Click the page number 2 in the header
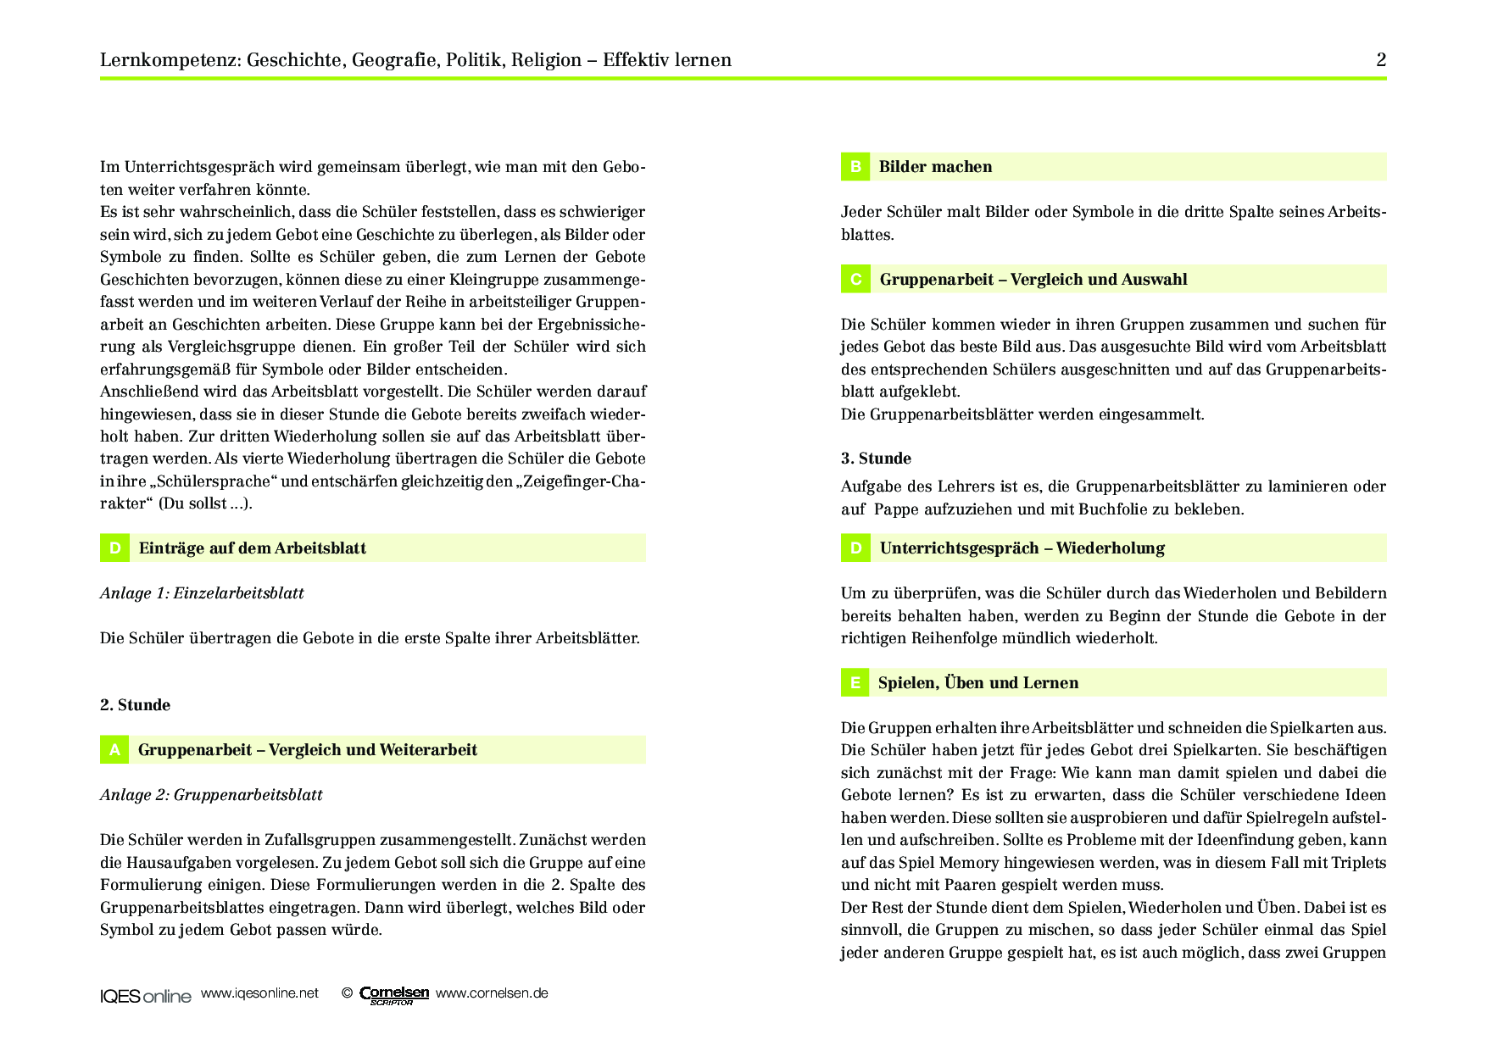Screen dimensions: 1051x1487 1381,59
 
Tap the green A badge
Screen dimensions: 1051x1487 114,749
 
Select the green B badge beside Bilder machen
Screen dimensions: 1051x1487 855,167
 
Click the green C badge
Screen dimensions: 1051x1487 855,279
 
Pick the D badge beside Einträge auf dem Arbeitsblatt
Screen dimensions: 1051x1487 114,548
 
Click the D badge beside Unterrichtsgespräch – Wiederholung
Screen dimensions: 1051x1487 855,548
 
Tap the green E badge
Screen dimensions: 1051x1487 855,682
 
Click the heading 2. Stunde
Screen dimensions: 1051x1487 135,705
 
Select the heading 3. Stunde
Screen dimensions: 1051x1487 876,459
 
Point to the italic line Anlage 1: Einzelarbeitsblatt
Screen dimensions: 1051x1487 202,593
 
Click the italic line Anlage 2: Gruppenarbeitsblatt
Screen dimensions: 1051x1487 211,795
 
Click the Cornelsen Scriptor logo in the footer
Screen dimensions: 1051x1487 394,995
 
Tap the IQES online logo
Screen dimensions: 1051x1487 146,996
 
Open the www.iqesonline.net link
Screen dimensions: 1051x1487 259,993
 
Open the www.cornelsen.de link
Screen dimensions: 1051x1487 492,993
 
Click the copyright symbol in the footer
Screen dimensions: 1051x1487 347,993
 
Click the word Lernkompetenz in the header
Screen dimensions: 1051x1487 170,60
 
